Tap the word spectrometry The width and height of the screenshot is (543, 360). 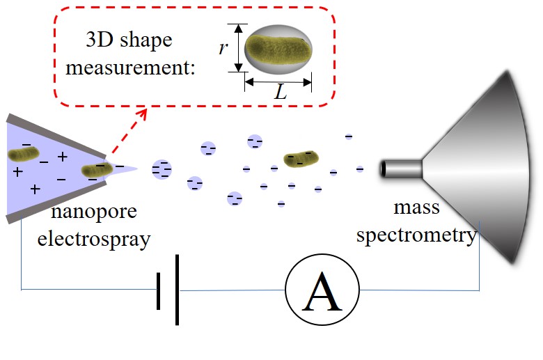tap(416, 235)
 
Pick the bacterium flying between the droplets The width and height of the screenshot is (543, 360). tap(300, 159)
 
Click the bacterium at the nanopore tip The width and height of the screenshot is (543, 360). tap(95, 169)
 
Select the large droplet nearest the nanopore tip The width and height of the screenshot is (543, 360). tap(162, 168)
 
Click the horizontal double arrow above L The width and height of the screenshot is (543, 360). tap(278, 81)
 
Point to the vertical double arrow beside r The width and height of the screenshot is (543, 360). tap(239, 47)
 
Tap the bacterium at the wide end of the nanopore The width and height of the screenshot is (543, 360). tap(24, 154)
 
